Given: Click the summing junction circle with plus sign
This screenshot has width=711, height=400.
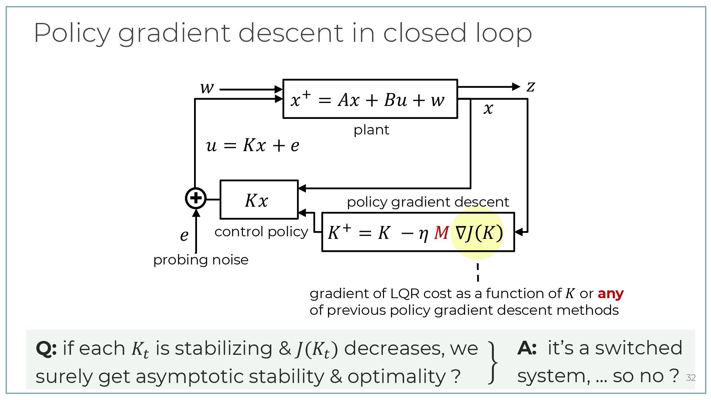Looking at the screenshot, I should pyautogui.click(x=196, y=198).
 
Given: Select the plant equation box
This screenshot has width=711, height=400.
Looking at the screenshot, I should pyautogui.click(x=370, y=99).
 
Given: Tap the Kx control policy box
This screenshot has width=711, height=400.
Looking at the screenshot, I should pyautogui.click(x=259, y=200).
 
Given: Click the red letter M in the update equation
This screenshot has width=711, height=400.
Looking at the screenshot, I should pyautogui.click(x=441, y=233).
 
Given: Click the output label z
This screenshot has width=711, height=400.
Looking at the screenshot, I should pyautogui.click(x=531, y=87).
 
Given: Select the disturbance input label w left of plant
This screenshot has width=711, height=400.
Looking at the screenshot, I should pyautogui.click(x=207, y=88).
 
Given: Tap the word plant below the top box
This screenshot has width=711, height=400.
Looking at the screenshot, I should pyautogui.click(x=371, y=130).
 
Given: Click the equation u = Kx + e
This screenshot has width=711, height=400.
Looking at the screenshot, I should pyautogui.click(x=252, y=145).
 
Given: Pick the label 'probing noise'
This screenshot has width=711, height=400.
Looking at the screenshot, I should pyautogui.click(x=201, y=260).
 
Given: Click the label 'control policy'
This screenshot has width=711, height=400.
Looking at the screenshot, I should pyautogui.click(x=261, y=232).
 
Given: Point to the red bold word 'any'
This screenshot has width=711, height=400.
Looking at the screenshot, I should pyautogui.click(x=610, y=293).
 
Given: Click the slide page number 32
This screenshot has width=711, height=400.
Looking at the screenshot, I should pyautogui.click(x=691, y=378).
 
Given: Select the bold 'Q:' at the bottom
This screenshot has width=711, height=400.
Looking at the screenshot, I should pyautogui.click(x=46, y=349).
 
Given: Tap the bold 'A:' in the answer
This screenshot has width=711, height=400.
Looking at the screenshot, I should pyautogui.click(x=527, y=348).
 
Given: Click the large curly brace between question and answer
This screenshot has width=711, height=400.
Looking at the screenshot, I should pyautogui.click(x=493, y=362).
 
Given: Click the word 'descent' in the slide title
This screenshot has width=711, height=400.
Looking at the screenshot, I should pyautogui.click(x=291, y=33).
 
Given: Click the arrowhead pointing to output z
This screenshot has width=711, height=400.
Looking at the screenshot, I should pyautogui.click(x=516, y=87).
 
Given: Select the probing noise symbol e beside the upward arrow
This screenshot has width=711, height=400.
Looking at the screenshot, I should pyautogui.click(x=184, y=235).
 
